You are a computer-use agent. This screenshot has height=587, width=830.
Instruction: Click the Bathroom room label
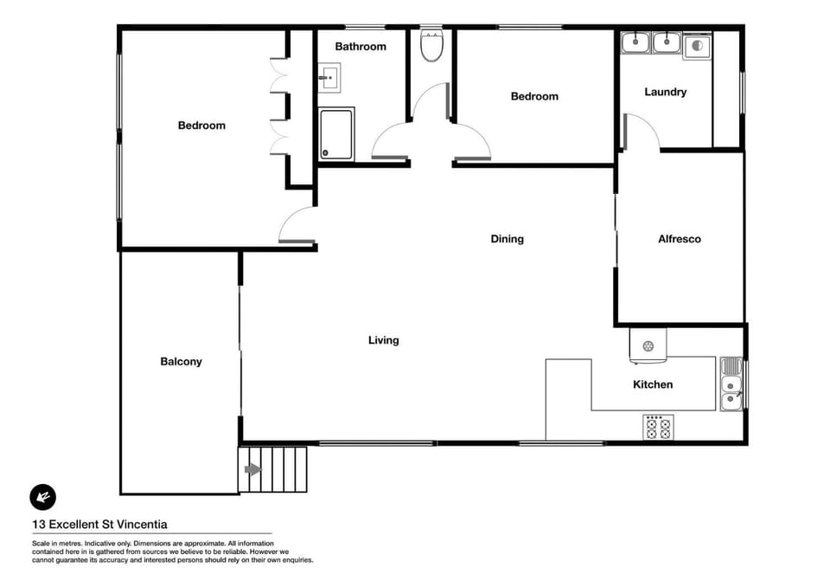pos(361,47)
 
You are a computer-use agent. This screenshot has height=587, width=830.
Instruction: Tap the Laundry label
pos(666,92)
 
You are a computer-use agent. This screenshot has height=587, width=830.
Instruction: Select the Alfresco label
pos(680,239)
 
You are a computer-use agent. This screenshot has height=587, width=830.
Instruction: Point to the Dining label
pos(508,239)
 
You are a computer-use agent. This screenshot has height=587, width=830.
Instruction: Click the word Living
pos(384,340)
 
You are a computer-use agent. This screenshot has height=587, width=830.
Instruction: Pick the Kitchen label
pos(653,384)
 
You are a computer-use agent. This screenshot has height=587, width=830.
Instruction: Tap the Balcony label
pos(181,362)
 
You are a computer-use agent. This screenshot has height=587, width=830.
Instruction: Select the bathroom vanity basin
pos(329,78)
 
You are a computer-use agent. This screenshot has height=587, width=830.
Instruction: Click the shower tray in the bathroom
pos(336,133)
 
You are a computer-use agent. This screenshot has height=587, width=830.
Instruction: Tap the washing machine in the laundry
pos(697,46)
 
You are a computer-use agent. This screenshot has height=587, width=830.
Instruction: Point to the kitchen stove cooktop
pos(658,428)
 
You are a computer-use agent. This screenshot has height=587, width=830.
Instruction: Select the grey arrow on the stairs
pos(253,469)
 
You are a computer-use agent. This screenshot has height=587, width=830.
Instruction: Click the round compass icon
pos(43,497)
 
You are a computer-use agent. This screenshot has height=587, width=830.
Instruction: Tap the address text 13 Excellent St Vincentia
pos(99,525)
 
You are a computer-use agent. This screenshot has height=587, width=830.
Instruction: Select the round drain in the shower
pos(326,153)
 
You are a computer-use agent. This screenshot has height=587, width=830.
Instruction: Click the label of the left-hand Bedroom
pos(201,126)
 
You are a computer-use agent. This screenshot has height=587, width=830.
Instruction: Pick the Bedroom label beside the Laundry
pos(534,96)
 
